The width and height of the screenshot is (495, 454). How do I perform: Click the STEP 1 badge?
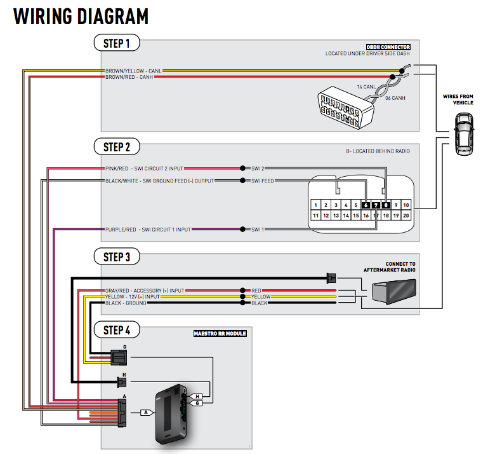tap(116, 44)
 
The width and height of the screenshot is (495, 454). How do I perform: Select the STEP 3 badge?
tap(116, 257)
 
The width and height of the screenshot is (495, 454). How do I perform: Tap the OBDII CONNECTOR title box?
tap(388, 47)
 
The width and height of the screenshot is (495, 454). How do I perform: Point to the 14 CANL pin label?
tap(367, 86)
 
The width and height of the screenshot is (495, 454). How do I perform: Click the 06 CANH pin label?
tap(395, 98)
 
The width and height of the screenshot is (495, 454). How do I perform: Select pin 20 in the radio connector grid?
tap(406, 216)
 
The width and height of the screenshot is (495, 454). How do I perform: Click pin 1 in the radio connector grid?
tap(315, 205)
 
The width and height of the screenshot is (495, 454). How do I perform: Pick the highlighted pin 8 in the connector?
tap(386, 205)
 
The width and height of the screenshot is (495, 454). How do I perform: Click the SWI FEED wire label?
tap(263, 181)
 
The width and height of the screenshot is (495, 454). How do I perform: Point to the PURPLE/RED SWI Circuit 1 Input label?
tap(147, 229)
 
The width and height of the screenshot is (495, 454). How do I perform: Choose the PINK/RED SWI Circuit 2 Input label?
tap(144, 169)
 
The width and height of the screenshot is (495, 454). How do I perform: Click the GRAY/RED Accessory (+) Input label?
tap(144, 291)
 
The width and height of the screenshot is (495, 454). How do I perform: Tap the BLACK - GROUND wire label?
tap(126, 303)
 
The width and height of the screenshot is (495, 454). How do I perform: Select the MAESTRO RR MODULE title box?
tap(220, 333)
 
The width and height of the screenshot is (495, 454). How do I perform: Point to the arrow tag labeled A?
tap(146, 412)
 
